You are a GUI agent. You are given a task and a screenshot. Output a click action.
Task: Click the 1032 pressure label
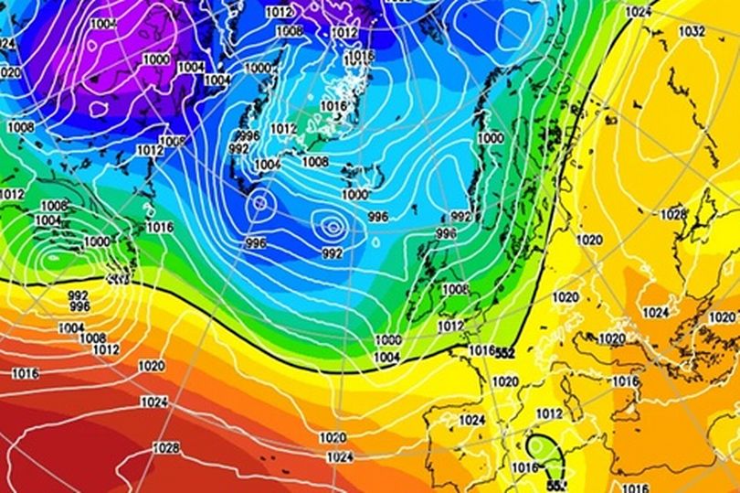pyautogui.click(x=692, y=31)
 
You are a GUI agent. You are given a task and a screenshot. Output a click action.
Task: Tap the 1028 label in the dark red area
pyautogui.click(x=166, y=448)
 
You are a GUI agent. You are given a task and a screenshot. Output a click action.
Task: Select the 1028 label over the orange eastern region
pyautogui.click(x=672, y=214)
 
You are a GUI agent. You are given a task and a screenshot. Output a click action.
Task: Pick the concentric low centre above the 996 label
pyautogui.click(x=259, y=203)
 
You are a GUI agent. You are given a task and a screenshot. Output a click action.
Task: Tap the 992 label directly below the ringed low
pyautogui.click(x=333, y=252)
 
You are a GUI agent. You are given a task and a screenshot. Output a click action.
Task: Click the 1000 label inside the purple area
pyautogui.click(x=156, y=59)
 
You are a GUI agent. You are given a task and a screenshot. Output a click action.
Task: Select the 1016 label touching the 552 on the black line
pyautogui.click(x=481, y=350)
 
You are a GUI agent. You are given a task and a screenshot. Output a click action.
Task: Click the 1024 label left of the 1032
pyautogui.click(x=639, y=12)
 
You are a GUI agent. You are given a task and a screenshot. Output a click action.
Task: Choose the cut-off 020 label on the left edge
pyautogui.click(x=9, y=71)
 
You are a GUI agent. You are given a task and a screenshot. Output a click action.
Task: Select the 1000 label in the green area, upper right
pyautogui.click(x=490, y=137)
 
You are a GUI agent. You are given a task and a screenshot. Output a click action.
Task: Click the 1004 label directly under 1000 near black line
pyautogui.click(x=387, y=357)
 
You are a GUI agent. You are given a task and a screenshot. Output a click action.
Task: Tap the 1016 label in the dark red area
pyautogui.click(x=26, y=373)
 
